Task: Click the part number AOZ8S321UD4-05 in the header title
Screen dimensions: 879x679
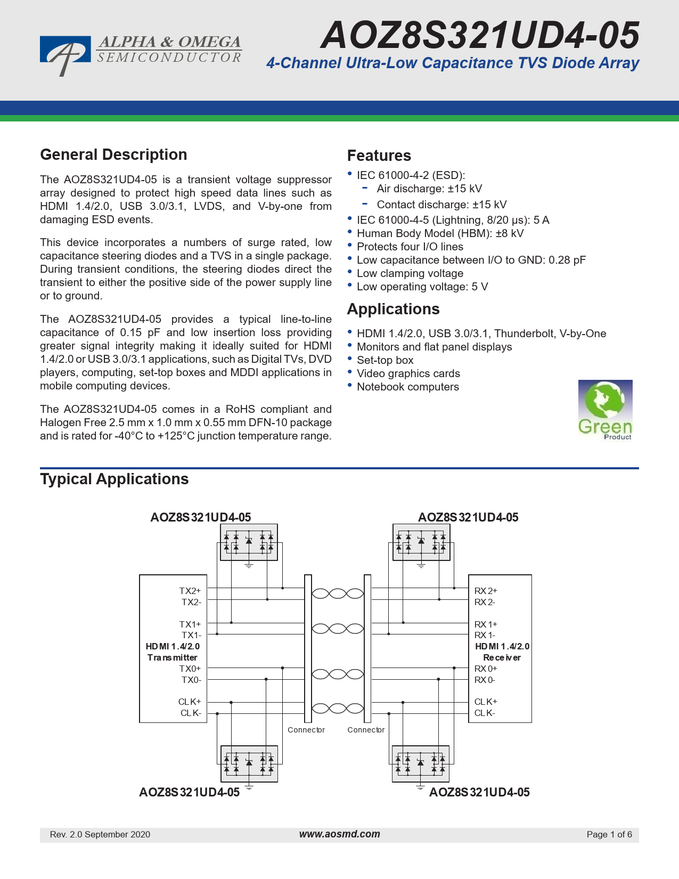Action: (480, 35)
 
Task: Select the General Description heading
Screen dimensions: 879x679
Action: (113, 155)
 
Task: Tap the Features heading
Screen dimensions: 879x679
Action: (379, 156)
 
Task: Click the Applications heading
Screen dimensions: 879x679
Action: (393, 310)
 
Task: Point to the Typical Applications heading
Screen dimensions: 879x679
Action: (114, 479)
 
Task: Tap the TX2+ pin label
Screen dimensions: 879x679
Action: (190, 591)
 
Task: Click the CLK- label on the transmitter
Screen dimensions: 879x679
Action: (191, 713)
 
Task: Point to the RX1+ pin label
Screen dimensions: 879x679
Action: (485, 624)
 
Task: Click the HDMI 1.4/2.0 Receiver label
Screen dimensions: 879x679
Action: (502, 652)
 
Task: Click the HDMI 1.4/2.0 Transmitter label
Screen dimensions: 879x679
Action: (173, 652)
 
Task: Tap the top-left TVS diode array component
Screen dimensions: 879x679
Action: (249, 542)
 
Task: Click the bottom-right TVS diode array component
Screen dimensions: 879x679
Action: (420, 763)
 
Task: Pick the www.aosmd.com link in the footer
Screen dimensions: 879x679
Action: (339, 834)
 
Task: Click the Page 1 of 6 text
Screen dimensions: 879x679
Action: (609, 835)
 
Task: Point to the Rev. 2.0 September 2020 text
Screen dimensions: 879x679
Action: (100, 835)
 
